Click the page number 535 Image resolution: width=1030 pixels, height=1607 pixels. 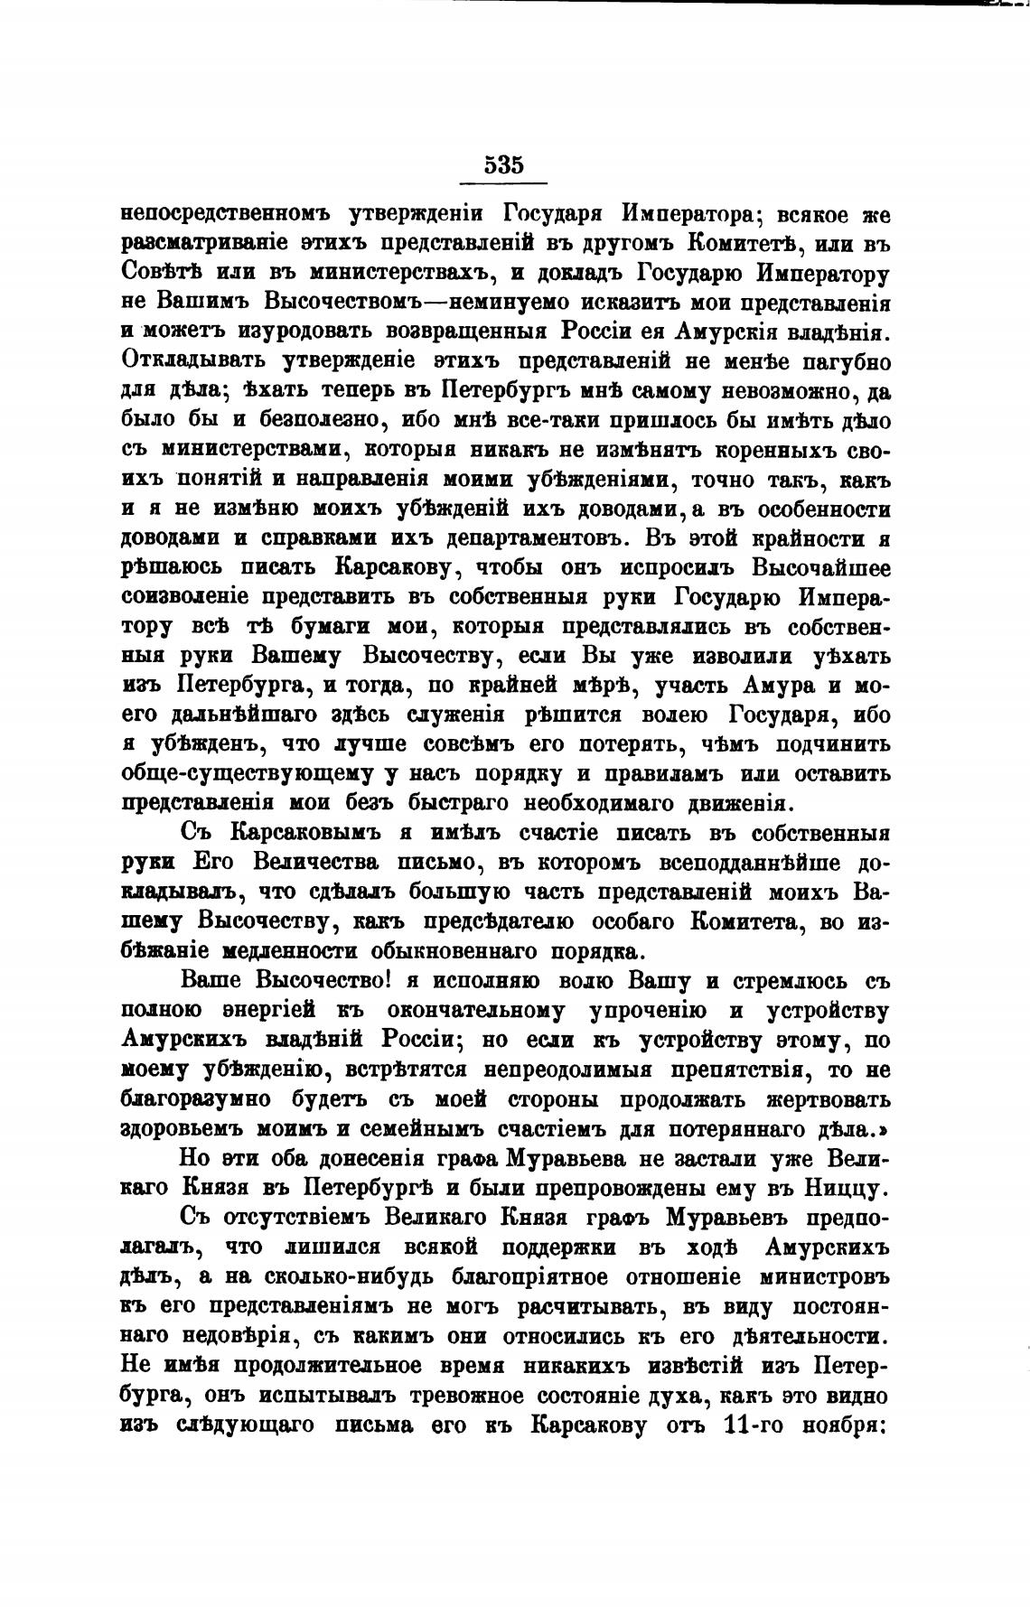point(503,164)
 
